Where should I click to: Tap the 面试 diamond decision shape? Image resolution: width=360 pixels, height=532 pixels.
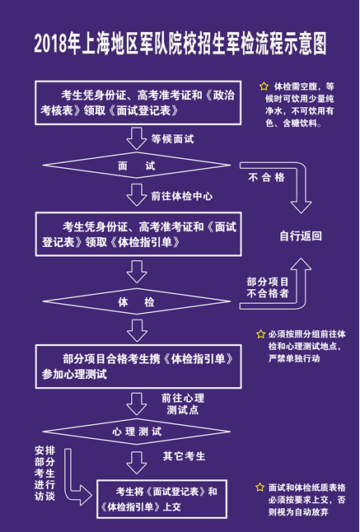point(137,166)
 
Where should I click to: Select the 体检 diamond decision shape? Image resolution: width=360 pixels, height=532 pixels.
point(137,302)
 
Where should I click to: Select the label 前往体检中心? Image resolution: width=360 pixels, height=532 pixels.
point(181,197)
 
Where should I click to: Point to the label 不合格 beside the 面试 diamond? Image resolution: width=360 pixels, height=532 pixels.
point(267,177)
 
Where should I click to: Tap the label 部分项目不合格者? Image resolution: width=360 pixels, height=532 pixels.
point(268,287)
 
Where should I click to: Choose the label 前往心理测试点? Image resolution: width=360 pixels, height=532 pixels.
point(183,404)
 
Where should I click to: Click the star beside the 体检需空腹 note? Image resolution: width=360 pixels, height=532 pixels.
point(264,86)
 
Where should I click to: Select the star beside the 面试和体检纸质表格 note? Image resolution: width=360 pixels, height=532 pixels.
point(259,488)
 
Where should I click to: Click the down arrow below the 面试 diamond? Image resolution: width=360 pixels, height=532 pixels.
point(137,196)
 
